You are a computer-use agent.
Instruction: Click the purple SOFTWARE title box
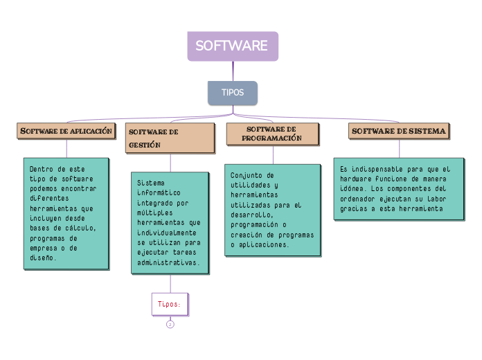232,46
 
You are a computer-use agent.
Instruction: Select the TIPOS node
232,93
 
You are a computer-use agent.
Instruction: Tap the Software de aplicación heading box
66,131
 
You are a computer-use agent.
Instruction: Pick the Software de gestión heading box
170,138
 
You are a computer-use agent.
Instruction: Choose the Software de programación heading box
272,134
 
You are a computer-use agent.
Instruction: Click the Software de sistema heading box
399,131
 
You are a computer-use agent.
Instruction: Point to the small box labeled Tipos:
170,304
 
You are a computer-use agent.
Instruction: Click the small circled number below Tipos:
170,324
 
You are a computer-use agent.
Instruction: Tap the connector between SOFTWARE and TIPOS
233,71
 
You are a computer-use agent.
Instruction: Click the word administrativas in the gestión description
168,263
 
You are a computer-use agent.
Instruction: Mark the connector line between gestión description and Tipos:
170,283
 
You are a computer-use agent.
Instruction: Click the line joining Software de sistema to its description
400,148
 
